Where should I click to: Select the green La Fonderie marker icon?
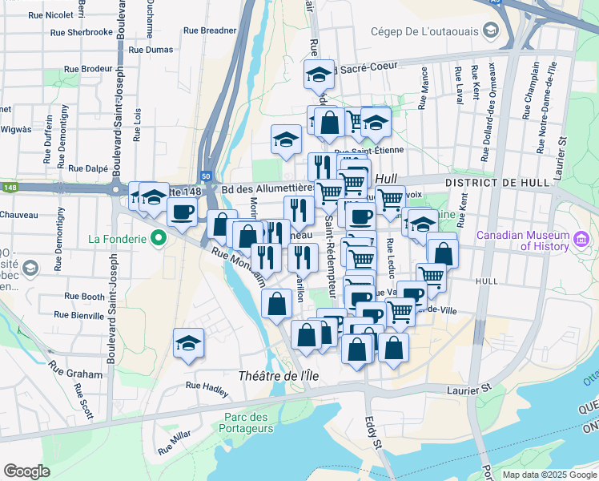tap(159, 238)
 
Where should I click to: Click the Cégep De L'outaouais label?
tap(424, 31)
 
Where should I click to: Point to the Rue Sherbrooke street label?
tap(81, 32)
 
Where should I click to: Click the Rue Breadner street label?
tap(210, 30)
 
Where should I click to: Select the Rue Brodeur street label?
tap(86, 69)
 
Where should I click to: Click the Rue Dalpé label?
tap(88, 168)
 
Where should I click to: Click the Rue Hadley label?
tap(207, 386)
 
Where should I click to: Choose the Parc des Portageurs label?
tap(245, 423)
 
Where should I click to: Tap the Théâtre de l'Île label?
tap(274, 376)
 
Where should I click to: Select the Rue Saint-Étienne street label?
tap(369, 151)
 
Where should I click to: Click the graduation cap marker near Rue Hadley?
tap(188, 343)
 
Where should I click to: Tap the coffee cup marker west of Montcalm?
tap(182, 212)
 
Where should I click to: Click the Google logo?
tap(26, 471)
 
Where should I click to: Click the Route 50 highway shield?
tap(206, 176)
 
